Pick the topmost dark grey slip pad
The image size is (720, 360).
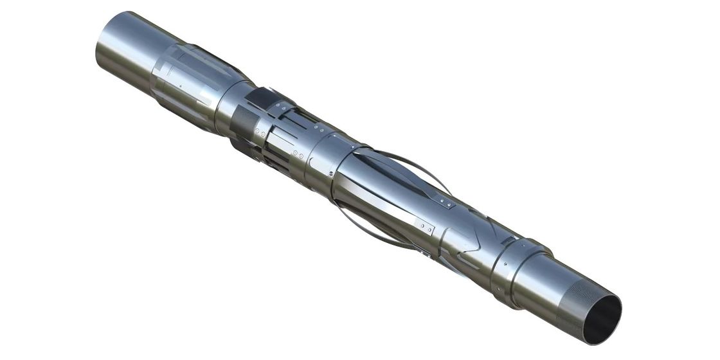[x=261, y=98]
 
